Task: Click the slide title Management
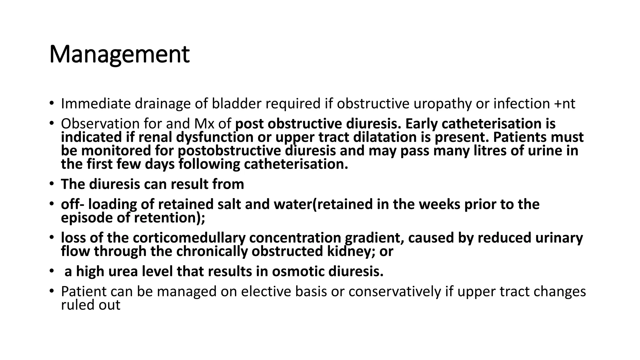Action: point(119,54)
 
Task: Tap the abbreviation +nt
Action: point(565,104)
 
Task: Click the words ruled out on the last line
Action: point(91,305)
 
